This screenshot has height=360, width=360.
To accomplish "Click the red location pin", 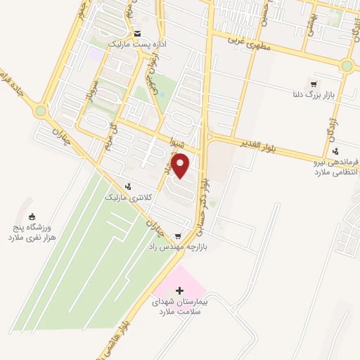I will click(181, 166).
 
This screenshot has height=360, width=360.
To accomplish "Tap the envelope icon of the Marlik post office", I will click(137, 34).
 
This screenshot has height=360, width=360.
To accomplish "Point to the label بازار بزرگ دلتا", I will click(308, 93).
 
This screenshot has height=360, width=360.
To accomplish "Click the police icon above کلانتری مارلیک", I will click(128, 186).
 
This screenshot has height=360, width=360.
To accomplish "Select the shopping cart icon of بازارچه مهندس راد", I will click(178, 236).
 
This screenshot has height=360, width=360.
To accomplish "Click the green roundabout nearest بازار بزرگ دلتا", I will click(347, 67).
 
